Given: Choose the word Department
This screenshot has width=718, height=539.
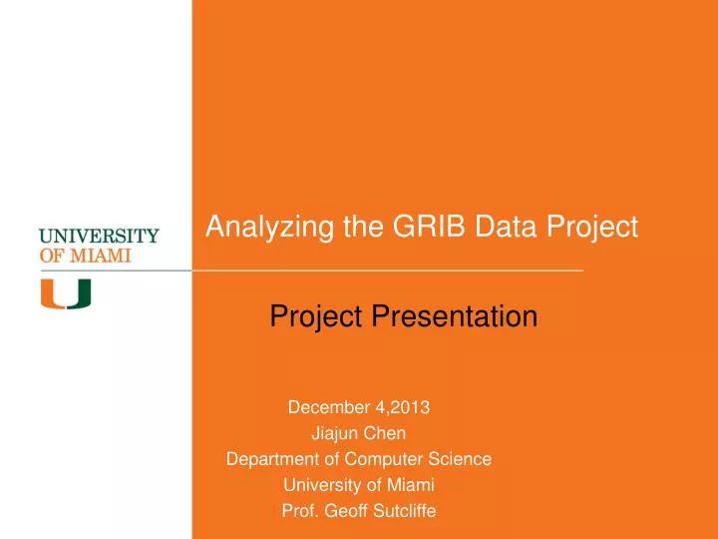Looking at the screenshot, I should point(266,459).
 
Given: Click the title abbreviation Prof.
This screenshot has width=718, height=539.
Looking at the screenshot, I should point(299,511).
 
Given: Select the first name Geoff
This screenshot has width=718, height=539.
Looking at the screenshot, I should point(345,511).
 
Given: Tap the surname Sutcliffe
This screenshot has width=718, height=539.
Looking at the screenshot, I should point(403,511).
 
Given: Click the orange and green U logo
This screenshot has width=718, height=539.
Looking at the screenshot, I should point(65,293).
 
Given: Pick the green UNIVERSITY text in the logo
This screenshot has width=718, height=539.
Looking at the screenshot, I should point(99,237).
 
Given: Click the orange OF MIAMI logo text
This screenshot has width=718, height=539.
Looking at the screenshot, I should point(84,255).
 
